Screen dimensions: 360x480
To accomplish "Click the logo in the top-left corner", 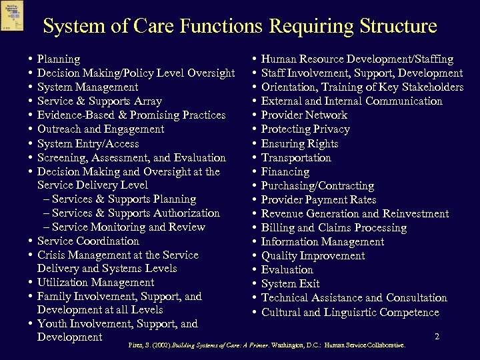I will click(12, 15).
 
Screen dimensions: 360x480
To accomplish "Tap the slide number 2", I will click(437, 337).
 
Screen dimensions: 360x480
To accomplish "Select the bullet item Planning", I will click(59, 59).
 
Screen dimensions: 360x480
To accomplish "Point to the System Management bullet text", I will click(88, 87).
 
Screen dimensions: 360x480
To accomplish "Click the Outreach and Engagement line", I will click(101, 129).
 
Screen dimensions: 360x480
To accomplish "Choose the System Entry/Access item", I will click(88, 143).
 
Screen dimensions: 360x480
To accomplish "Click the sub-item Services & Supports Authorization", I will click(135, 213).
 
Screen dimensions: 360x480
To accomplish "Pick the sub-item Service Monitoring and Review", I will click(128, 227).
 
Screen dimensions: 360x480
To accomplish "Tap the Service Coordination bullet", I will click(88, 241).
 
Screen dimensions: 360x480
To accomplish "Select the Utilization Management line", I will click(95, 283).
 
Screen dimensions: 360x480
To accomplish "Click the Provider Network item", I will click(304, 115).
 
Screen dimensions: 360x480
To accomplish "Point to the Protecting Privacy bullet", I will click(305, 129).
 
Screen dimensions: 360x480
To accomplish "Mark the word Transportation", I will click(296, 158).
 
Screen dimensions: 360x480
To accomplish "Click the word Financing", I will click(285, 172).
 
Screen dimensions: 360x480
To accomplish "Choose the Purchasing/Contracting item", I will click(317, 186).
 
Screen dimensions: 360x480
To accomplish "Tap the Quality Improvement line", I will click(313, 256).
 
